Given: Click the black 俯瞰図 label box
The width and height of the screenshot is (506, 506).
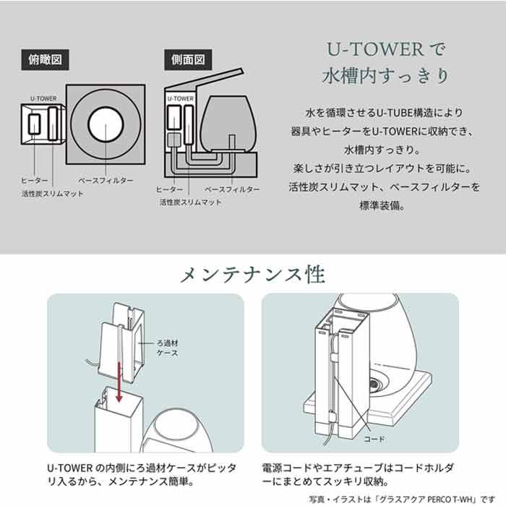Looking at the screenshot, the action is point(45,60).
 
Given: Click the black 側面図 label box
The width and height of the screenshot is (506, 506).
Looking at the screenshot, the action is point(188,60).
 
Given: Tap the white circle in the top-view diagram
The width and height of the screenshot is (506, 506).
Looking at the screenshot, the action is point(106,124).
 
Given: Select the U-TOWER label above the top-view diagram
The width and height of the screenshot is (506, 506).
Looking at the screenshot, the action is point(43,98).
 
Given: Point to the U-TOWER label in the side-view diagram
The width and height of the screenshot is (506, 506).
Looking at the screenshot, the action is point(181,98).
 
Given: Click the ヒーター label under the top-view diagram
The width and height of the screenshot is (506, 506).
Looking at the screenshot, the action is point(35,181).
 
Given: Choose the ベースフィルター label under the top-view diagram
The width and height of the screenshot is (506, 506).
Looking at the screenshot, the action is point(106,181).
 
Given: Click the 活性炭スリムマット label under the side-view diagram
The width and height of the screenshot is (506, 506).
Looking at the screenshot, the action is point(191,202).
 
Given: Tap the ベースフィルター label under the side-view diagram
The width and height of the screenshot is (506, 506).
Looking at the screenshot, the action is point(232,189).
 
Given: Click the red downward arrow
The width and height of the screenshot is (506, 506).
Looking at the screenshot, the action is point(119,382).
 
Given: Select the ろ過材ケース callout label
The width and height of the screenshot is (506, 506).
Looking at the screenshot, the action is point(167,348).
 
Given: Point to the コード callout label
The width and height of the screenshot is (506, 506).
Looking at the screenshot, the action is point(374,439).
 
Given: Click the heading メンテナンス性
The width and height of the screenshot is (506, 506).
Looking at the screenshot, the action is point(253,275).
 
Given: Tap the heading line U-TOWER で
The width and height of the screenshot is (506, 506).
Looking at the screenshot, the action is point(386,49).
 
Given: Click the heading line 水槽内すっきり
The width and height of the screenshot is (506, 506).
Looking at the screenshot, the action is point(386,76).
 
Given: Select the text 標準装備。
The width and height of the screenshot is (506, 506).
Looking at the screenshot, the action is point(382,205).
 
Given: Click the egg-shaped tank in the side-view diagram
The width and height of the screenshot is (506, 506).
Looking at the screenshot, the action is point(228,124).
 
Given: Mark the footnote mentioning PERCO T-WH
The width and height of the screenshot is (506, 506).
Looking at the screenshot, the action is point(402,499).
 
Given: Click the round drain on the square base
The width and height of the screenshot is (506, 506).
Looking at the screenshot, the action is point(374,385).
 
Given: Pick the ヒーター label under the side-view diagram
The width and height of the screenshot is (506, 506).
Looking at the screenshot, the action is point(169,189).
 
